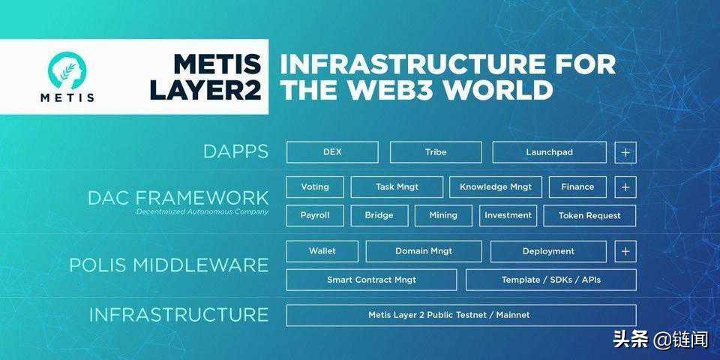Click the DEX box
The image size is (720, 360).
point(332,152)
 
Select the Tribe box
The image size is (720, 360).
point(436,152)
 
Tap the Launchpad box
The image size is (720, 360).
point(549,152)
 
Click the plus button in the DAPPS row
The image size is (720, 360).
point(625,152)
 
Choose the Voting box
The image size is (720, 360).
point(315,187)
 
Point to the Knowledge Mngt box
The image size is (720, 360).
point(495,187)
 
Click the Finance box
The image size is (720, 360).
point(577,187)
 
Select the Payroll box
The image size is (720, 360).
point(315,215)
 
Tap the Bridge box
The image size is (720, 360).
point(379,215)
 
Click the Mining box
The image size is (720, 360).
point(443,215)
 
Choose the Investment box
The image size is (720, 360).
point(508,215)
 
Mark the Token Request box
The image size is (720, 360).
point(589,215)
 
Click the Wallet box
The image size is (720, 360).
point(322,251)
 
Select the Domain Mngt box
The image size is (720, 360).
point(424,251)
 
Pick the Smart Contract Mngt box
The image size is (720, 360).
point(371,280)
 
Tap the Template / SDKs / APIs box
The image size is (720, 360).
point(550,280)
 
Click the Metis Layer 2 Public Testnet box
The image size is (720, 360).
point(460,315)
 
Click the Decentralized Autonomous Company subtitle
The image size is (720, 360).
point(202,212)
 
